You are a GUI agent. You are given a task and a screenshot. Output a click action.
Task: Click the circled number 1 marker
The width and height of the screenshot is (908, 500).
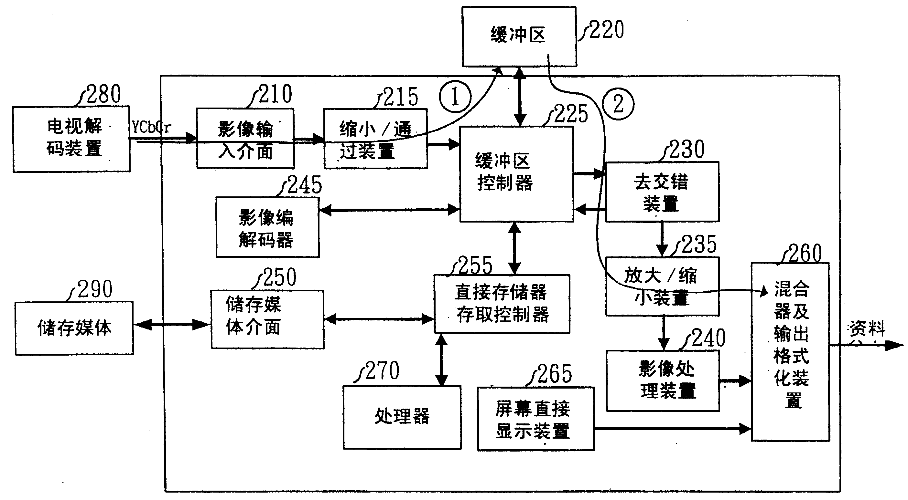tap(455, 97)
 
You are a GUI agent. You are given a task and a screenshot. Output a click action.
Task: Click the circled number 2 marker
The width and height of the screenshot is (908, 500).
tap(618, 104)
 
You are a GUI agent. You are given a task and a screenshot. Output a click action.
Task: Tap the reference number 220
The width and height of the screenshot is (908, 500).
tap(606, 30)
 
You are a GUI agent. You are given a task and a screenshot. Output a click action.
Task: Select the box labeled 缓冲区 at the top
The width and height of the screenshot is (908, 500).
tap(519, 36)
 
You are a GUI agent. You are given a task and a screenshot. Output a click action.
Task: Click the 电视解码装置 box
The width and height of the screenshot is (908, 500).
tap(71, 139)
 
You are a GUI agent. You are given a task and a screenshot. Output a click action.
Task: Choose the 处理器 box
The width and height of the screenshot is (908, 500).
tap(402, 417)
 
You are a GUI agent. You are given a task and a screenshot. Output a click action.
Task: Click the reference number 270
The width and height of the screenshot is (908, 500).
tap(383, 371)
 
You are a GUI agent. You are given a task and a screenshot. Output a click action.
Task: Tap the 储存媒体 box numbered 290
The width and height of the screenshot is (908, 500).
tap(74, 328)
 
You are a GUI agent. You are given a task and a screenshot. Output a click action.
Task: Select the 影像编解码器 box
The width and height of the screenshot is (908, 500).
tap(267, 227)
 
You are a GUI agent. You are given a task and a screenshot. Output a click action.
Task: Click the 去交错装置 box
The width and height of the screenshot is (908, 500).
tap(662, 192)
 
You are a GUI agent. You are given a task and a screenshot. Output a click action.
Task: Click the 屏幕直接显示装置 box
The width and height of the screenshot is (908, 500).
tap(535, 419)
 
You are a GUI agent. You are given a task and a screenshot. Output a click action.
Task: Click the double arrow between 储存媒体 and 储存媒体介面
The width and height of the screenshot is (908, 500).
tap(172, 325)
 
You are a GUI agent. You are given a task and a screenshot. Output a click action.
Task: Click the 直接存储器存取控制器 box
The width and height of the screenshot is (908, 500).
tap(502, 304)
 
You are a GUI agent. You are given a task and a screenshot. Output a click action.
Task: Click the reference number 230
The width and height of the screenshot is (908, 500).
tap(686, 150)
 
